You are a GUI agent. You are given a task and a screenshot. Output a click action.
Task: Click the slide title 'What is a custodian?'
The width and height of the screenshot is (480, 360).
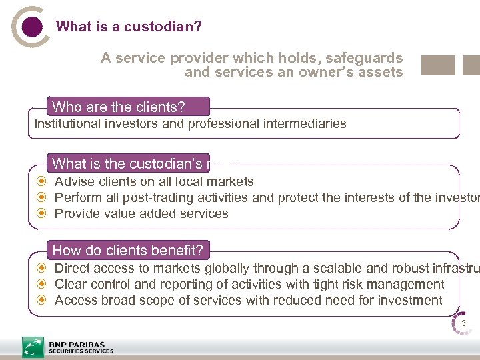point(129,27)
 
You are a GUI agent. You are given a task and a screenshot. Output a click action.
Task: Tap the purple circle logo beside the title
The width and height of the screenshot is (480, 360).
point(31,27)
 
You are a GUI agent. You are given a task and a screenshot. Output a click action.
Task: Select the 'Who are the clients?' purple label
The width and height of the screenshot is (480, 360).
point(128,107)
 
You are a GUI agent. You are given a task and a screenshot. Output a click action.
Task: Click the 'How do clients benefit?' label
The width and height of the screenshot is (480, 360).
point(128,251)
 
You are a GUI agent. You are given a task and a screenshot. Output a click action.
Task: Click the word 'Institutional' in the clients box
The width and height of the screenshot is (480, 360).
point(65,123)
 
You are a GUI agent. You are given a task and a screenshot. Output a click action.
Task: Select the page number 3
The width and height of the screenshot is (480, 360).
point(463,325)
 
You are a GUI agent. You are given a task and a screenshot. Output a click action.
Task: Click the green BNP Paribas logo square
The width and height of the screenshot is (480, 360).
point(33,347)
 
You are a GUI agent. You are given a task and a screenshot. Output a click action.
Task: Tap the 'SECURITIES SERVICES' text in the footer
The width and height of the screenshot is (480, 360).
point(81,351)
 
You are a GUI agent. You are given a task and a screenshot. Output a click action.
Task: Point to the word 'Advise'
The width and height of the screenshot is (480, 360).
point(73,181)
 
